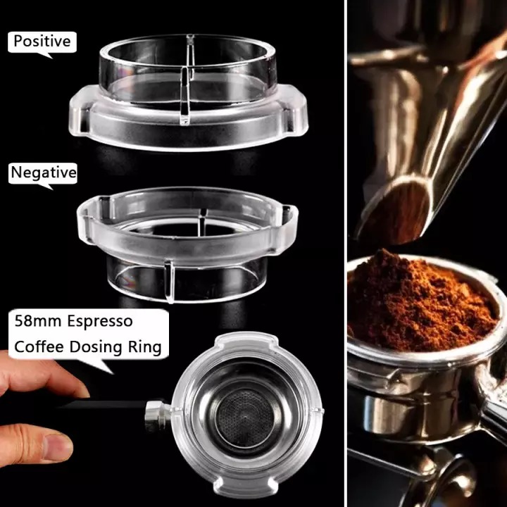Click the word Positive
(42, 42)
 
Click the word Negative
(44, 172)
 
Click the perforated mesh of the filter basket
(244, 420)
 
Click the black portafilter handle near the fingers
(106, 406)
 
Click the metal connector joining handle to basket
(156, 414)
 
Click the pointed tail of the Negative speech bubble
(49, 186)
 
